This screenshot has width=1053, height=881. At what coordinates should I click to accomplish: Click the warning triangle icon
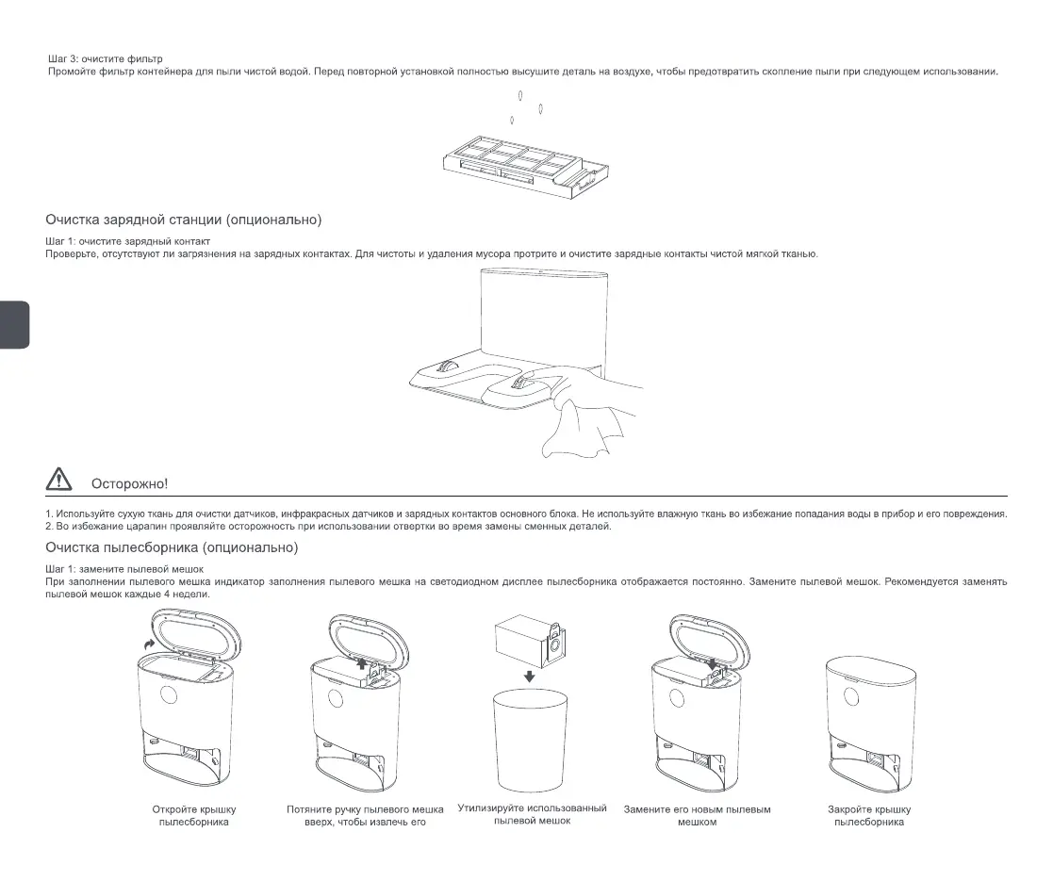click(x=58, y=480)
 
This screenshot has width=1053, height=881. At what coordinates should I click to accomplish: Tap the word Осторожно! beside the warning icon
click(x=129, y=483)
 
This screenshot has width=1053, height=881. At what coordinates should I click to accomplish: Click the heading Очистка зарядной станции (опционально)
click(x=184, y=220)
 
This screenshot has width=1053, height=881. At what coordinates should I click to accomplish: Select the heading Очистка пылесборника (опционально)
click(x=173, y=547)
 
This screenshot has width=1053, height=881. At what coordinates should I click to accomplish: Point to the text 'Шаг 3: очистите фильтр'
click(x=105, y=59)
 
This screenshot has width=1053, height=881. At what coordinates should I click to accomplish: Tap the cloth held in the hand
click(x=579, y=428)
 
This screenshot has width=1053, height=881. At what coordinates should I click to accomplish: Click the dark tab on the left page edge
click(x=14, y=325)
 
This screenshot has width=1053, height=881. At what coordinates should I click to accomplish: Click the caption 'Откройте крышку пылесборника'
click(x=194, y=815)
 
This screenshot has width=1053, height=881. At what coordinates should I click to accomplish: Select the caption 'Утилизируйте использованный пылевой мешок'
click(x=532, y=815)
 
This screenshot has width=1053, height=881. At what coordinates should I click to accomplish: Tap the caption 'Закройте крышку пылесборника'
click(x=869, y=815)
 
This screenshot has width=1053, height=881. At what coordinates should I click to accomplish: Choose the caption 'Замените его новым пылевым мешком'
click(x=698, y=815)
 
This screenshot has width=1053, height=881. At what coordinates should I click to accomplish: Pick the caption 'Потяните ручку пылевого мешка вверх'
click(x=366, y=815)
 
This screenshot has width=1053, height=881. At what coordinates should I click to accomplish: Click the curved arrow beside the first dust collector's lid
click(x=146, y=640)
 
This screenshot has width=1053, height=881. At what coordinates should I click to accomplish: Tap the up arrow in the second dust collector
click(x=361, y=664)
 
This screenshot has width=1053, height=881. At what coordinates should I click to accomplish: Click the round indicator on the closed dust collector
click(x=852, y=697)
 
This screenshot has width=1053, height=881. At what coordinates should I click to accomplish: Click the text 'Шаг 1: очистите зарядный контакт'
click(x=127, y=242)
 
